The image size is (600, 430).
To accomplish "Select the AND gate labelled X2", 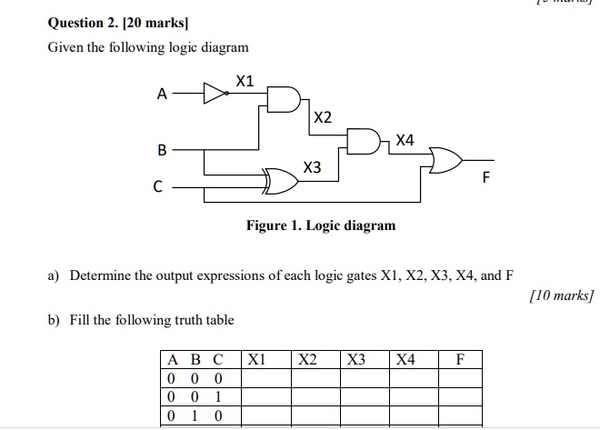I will [x=282, y=100].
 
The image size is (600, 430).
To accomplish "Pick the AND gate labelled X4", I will [x=365, y=141].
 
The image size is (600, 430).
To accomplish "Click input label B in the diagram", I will [x=162, y=148].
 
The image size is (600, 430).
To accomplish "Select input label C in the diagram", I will [x=157, y=189].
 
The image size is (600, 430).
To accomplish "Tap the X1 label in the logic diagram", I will [x=244, y=82].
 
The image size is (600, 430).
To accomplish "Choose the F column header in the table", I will [x=461, y=359].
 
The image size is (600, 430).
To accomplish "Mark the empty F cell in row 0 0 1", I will [x=461, y=396].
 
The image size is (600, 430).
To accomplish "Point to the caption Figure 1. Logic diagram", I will [x=321, y=225].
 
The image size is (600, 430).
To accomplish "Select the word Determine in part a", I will [x=103, y=275].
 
